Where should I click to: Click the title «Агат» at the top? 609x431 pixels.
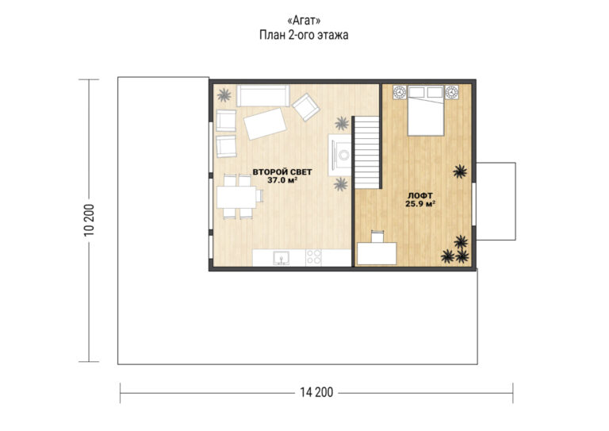coord(304,20)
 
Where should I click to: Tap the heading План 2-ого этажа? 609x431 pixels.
coord(304,35)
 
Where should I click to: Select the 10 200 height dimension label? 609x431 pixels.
coord(89,220)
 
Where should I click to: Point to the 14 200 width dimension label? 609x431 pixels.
coord(316,393)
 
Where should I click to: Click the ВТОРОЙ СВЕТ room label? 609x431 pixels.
coord(282,171)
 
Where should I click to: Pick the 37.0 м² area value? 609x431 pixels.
coord(282,180)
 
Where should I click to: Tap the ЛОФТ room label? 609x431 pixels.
coord(420,195)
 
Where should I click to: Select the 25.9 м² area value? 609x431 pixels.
coord(420,204)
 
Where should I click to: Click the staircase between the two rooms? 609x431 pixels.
coord(366,152)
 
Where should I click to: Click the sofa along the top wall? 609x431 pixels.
coord(263,95)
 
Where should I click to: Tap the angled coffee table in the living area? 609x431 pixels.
coord(265,124)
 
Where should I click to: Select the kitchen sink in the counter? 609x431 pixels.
coord(281,258)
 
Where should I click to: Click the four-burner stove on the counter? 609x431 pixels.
coord(313,257)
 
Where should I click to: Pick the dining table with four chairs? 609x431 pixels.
coord(239,197)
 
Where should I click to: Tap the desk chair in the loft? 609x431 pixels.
coord(377,237)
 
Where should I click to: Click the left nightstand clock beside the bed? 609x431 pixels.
coord(400,92)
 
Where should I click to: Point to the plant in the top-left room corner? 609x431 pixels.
coord(224,94)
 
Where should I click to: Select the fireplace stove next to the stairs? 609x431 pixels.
coord(340,155)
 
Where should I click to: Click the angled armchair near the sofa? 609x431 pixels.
coord(306,107)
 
